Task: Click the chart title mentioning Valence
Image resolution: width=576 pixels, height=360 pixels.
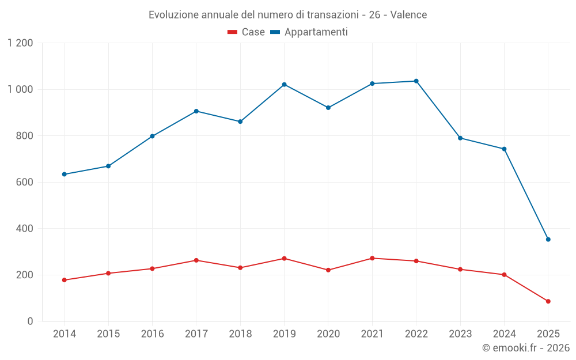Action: click(287, 14)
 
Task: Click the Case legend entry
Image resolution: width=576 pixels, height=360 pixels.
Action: click(246, 32)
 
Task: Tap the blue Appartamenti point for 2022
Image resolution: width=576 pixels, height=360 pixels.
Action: click(416, 81)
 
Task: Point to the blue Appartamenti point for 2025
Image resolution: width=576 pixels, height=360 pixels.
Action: click(548, 240)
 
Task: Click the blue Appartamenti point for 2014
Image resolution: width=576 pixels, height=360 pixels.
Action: click(64, 175)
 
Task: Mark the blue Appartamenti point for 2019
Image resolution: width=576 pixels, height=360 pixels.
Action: click(284, 85)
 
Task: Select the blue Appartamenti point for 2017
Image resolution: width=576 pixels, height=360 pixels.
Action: click(196, 111)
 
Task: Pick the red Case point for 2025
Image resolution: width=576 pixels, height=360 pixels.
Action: click(548, 301)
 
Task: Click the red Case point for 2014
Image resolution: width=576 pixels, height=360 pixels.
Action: click(64, 280)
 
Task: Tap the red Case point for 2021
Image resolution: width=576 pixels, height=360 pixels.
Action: click(372, 258)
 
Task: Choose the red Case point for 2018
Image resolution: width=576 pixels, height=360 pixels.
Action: click(240, 268)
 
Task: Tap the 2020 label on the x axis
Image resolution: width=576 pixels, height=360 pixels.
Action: click(328, 334)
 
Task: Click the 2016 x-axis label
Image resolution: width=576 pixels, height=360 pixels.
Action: click(152, 334)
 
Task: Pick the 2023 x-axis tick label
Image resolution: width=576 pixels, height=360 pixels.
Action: click(460, 334)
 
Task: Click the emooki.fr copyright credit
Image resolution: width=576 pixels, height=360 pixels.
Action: click(525, 348)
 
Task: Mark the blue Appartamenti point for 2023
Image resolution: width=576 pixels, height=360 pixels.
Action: click(460, 138)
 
